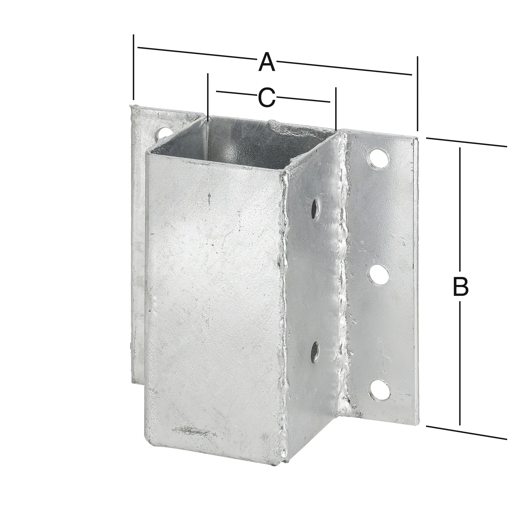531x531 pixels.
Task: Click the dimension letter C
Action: point(267,97)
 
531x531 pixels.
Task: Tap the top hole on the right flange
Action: point(379,158)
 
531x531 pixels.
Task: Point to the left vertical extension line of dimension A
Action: point(134,67)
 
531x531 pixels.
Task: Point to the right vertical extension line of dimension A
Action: point(418,94)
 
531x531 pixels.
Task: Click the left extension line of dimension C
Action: point(208,95)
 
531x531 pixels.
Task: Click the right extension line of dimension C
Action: point(336,109)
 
